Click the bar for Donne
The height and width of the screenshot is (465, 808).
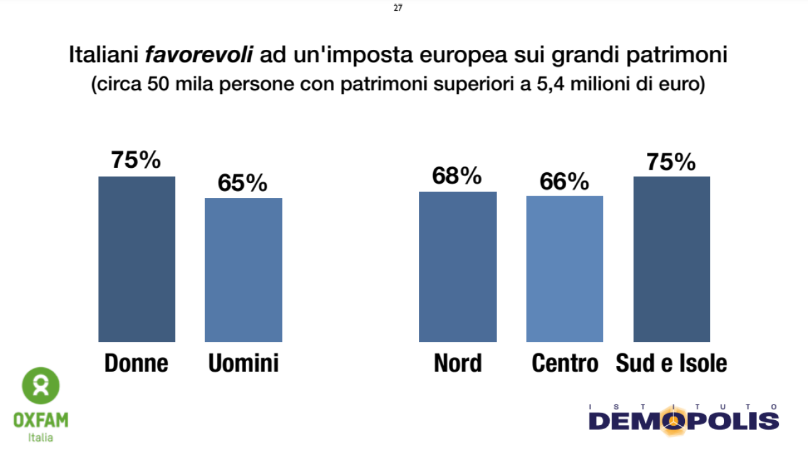[x=136, y=259]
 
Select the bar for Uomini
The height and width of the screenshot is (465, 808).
[x=244, y=270]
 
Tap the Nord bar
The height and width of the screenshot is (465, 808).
[x=458, y=266]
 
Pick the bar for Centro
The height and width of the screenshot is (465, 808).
[x=564, y=269]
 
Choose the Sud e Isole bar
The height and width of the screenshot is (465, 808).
[x=672, y=259]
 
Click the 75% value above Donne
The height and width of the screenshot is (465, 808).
[x=136, y=160]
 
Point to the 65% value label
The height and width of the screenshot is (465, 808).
[x=243, y=183]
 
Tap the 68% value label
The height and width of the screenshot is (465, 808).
[x=457, y=176]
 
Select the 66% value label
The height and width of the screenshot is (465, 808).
[x=564, y=181]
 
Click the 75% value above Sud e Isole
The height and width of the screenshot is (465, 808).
[x=671, y=162]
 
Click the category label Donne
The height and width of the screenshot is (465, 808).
[x=136, y=363]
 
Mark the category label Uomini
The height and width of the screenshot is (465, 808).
[x=243, y=363]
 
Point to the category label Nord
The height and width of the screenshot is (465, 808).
[x=458, y=363]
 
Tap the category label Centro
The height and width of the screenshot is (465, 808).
[x=564, y=363]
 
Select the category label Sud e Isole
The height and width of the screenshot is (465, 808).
[x=671, y=363]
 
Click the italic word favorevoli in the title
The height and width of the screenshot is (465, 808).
[x=199, y=55]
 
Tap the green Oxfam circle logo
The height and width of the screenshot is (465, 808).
[x=41, y=386]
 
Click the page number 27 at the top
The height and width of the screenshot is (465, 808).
[x=398, y=8]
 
